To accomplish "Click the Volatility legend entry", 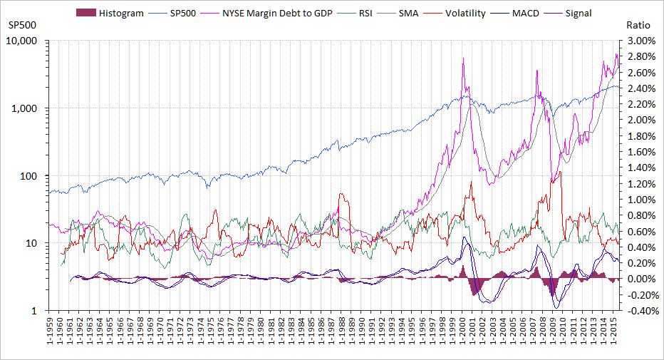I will (470, 13).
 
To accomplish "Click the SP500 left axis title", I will (21, 25).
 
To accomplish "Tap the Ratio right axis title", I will (638, 25).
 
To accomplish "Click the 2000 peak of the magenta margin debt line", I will (463, 58).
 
